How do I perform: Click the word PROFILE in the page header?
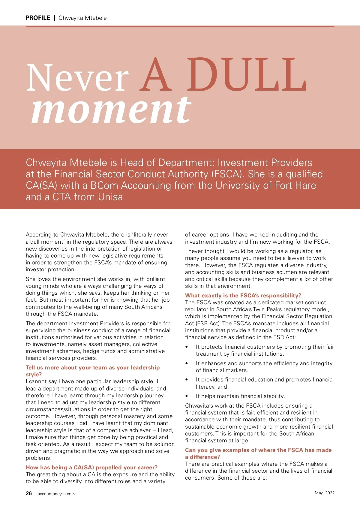point(38,18)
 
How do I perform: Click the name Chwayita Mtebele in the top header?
point(82,18)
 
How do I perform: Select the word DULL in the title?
point(247,75)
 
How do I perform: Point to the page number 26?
point(29,493)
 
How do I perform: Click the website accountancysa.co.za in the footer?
point(57,494)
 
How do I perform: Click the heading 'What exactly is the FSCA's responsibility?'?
point(243,296)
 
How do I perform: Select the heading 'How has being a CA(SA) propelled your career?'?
point(91,468)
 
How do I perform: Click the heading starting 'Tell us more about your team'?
point(93,368)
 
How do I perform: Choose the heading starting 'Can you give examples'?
point(258,450)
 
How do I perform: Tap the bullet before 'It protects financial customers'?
point(187,347)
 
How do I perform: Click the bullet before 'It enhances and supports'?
point(187,363)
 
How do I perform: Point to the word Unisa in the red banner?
point(109,197)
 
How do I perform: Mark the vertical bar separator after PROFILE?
point(54,18)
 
